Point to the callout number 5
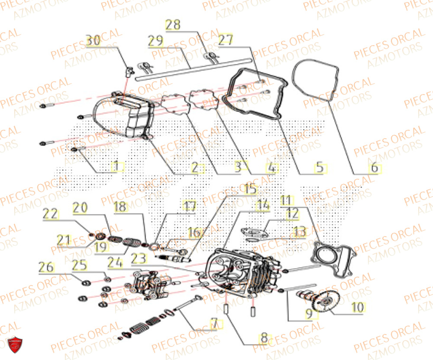pyautogui.click(x=319, y=168)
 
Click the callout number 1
pyautogui.click(x=114, y=165)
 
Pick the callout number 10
pyautogui.click(x=357, y=307)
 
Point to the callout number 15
pyautogui.click(x=250, y=189)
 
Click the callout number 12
pyautogui.click(x=292, y=213)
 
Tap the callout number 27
pyautogui.click(x=226, y=40)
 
